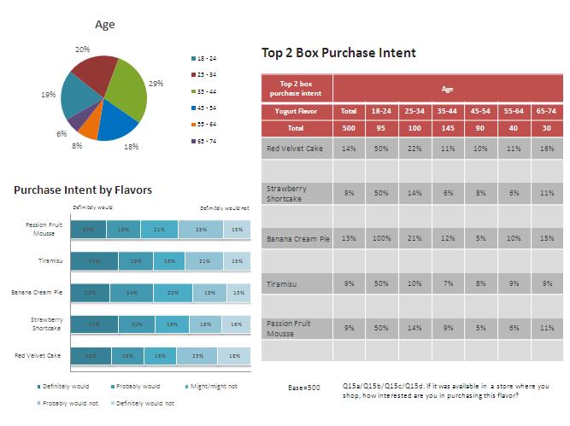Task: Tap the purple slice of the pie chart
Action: coord(76,120)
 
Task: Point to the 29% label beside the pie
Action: coord(156,84)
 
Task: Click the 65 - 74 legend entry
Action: coord(207,139)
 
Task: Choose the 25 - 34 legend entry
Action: coord(207,74)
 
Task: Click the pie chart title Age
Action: coord(104,25)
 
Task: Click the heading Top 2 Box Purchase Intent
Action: coord(338,53)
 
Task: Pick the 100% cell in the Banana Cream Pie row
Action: coord(380,238)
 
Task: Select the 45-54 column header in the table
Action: coord(480,111)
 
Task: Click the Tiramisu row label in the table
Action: coord(282,283)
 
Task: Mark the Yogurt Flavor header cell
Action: coord(296,111)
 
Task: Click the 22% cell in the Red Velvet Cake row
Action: coord(414,149)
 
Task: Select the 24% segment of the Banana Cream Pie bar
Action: coord(132,293)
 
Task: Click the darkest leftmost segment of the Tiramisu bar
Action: coord(88,261)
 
